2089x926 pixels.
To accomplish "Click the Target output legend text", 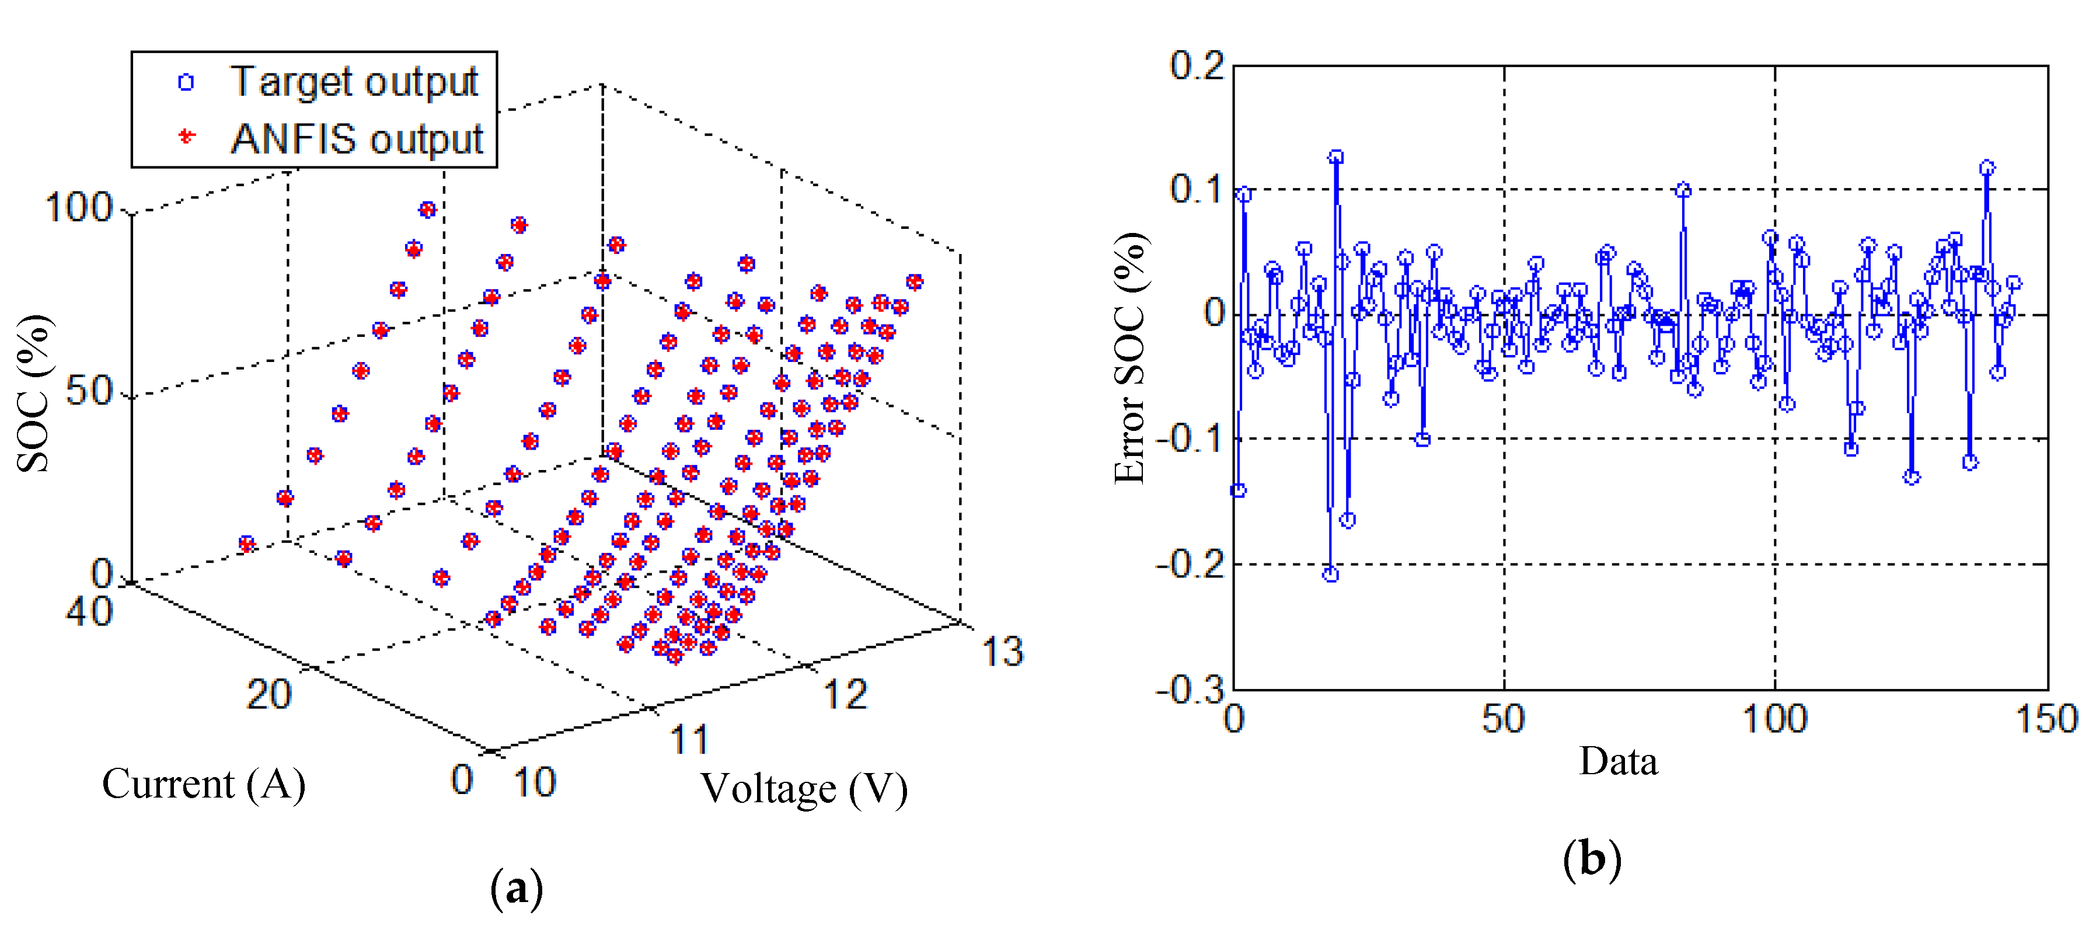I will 354,82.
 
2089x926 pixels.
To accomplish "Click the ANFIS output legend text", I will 357,138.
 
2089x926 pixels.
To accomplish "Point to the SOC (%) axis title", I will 34,394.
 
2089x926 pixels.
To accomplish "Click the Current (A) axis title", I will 204,784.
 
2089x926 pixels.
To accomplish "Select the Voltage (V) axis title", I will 804,789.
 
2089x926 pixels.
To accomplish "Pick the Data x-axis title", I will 1618,761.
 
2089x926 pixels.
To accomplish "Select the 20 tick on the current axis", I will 268,695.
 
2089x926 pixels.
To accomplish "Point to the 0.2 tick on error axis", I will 1196,65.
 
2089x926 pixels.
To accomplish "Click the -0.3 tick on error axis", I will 1190,690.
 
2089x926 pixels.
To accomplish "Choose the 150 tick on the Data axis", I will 2046,719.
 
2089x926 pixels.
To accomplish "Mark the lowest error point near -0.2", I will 1330,574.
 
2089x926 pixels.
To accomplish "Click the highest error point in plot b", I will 1335,156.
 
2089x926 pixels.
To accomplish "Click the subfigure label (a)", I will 517,889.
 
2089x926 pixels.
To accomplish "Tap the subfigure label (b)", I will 1591,859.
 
